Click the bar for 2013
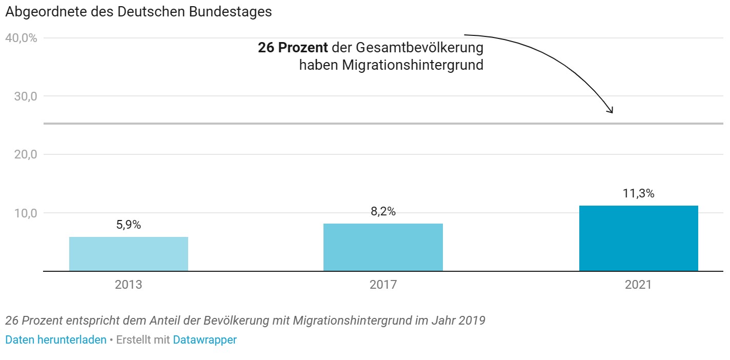click(x=129, y=254)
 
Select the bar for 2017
click(x=383, y=247)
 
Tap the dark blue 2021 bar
click(x=638, y=238)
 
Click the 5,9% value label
click(x=129, y=225)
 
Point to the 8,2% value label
click(x=383, y=211)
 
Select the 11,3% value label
click(x=638, y=193)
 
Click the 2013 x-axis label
click(x=129, y=285)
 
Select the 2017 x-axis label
click(x=383, y=285)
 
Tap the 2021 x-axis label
click(x=638, y=285)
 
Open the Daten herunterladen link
click(x=56, y=339)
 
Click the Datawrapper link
click(x=205, y=339)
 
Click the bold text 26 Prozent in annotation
click(x=293, y=48)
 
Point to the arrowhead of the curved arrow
click(x=610, y=110)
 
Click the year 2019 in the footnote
click(x=472, y=321)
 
